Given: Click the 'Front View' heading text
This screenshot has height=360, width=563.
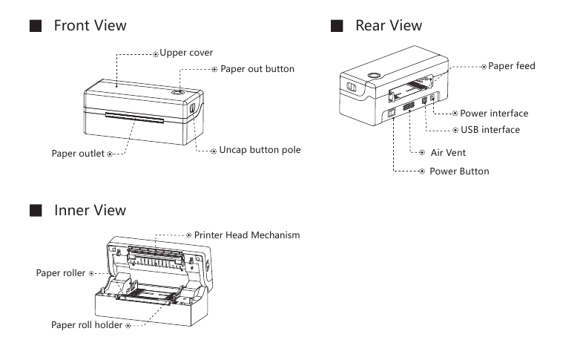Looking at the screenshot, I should coord(90,25).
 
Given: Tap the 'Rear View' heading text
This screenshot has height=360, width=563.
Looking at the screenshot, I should coord(389,25).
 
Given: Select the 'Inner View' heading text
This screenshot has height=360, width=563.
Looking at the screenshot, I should coord(90,211).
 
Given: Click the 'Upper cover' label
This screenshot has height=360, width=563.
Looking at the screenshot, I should coord(186,53).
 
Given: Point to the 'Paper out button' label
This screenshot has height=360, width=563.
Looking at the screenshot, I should coord(257,68).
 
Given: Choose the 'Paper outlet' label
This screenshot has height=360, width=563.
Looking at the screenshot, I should coord(78,154).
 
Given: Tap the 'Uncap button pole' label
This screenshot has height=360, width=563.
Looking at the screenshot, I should coord(260,150).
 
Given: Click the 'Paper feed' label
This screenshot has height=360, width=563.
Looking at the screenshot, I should coord(511,66).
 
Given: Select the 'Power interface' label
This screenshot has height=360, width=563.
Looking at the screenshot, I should coord(494,114).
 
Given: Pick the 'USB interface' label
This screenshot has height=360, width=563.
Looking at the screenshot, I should coord(490,130).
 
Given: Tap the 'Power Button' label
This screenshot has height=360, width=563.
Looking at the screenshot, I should coord(459,171).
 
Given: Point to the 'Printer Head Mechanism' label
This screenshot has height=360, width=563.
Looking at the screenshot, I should coord(246,235).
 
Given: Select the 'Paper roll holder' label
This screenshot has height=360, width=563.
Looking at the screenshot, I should coord(86,325).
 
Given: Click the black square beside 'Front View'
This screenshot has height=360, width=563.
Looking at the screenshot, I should coord(35,26).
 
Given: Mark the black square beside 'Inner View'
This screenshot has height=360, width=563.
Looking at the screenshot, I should coord(35,212).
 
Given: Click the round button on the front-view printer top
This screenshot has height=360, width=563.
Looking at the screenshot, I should coord(178,92).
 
